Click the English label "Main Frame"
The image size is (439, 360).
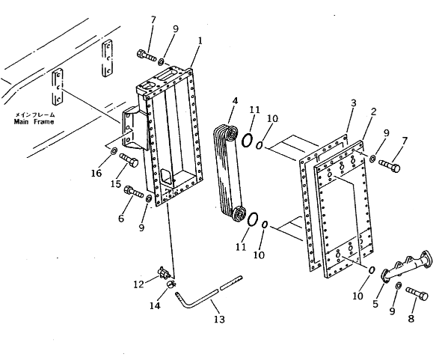(34, 121)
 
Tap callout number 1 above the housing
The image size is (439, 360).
(200, 41)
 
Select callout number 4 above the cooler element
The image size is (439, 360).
(235, 101)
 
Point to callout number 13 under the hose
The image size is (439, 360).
(220, 319)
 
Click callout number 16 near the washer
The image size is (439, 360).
(96, 174)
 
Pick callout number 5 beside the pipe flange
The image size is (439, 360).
(375, 304)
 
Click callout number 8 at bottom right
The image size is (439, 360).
(411, 319)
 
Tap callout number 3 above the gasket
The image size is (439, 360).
(353, 103)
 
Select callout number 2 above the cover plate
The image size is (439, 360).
(373, 112)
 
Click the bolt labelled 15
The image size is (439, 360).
(129, 160)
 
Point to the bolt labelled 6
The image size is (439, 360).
(134, 192)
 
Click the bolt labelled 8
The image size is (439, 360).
(417, 293)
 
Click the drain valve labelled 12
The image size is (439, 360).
(164, 273)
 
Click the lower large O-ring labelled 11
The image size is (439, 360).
(253, 219)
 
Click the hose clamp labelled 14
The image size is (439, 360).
(171, 284)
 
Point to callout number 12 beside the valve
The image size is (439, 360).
(138, 284)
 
